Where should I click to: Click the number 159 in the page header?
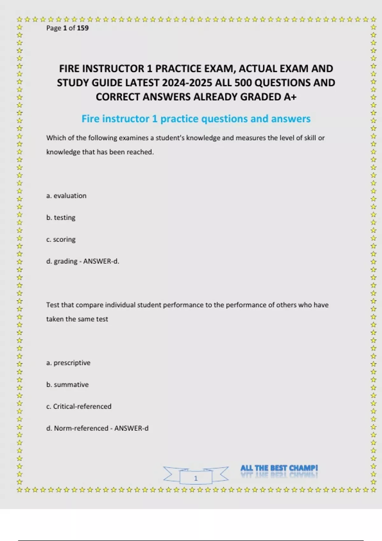tap(83, 28)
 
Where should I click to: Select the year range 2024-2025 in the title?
tap(187, 83)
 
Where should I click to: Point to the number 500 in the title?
tap(243, 83)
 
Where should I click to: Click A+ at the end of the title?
tap(290, 97)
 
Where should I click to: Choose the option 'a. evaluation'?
tap(66, 196)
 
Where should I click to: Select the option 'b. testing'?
tap(61, 218)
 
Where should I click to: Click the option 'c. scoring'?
tap(61, 239)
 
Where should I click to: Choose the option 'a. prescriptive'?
tap(68, 363)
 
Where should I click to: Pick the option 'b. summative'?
tap(67, 384)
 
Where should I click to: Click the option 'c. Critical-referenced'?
tap(79, 406)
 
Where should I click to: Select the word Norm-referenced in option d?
tap(81, 428)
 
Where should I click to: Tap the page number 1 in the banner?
tap(196, 478)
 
